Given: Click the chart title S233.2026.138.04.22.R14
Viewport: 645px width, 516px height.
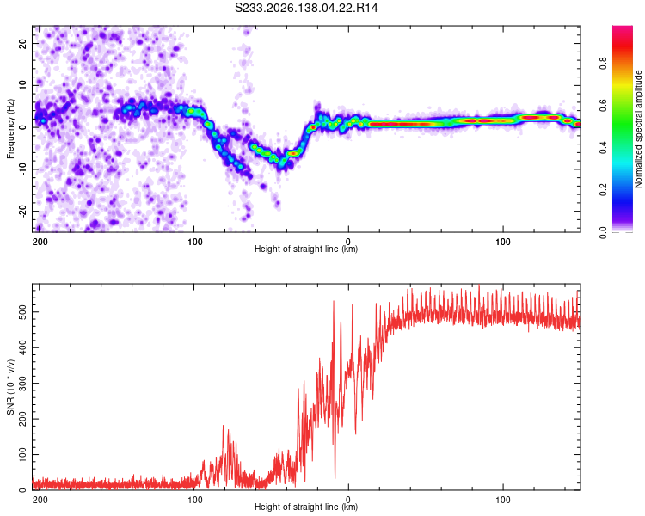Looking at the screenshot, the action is click(x=306, y=8).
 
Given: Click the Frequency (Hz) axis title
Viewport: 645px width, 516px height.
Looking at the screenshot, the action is click(x=10, y=129).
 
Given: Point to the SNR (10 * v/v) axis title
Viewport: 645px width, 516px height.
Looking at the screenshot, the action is click(x=10, y=387).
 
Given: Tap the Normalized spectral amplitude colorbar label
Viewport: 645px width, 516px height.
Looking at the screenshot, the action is click(x=638, y=129).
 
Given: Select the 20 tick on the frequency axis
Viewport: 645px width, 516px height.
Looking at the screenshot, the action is click(x=22, y=43).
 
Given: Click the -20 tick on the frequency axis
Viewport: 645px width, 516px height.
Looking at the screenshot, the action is click(x=22, y=212).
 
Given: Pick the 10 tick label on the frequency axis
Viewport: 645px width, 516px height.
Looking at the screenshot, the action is click(x=22, y=85).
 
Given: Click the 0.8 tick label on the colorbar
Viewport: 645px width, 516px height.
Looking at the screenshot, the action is click(x=603, y=64).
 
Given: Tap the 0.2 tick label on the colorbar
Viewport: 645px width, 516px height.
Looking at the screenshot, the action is click(x=603, y=190).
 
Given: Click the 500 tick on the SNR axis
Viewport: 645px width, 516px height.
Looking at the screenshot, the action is click(x=22, y=312).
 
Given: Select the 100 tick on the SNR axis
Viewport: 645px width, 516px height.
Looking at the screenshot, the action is click(x=22, y=455).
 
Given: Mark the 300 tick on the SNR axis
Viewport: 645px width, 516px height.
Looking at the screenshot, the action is click(x=22, y=383).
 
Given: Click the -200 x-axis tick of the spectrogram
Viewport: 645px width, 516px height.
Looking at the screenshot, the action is click(x=39, y=242).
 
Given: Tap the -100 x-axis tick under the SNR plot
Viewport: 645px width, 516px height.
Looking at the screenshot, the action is click(x=193, y=500).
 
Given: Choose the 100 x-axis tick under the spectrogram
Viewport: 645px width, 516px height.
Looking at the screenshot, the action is click(x=503, y=242).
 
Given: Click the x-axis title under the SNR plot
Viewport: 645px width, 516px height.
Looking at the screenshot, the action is click(x=306, y=507).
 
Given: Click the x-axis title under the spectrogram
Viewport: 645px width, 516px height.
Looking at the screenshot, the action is click(x=306, y=249).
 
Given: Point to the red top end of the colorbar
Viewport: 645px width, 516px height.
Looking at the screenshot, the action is click(x=623, y=28).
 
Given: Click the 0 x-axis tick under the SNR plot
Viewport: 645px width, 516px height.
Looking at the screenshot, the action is click(x=348, y=500).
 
